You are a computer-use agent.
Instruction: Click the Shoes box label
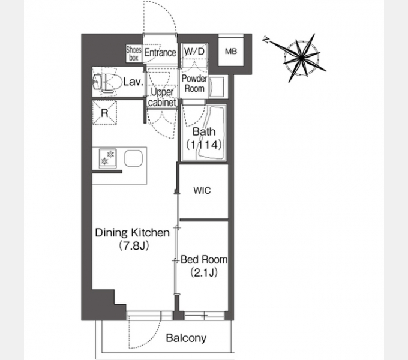pos(134,53)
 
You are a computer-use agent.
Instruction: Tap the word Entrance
pos(160,53)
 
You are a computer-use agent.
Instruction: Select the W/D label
pos(194,51)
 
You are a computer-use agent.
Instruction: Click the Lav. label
pos(133,82)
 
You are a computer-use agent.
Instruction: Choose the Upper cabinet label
pos(162,97)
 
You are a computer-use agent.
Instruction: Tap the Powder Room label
pos(194,83)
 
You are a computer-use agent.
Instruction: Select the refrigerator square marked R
pos(104,113)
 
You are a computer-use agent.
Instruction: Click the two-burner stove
pos(108,158)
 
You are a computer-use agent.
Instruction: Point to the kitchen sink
pos(133,158)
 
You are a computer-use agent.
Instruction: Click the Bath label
pos(204,131)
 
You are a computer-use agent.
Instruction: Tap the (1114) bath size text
pos(204,145)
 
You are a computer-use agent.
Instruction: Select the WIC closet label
pos(202,191)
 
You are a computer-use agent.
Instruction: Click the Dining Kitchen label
pos(133,233)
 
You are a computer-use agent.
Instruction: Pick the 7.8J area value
pos(134,246)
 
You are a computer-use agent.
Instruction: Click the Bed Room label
pos(204,260)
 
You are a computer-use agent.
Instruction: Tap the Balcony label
pos(187,338)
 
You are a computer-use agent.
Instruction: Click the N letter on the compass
pos(266,40)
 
